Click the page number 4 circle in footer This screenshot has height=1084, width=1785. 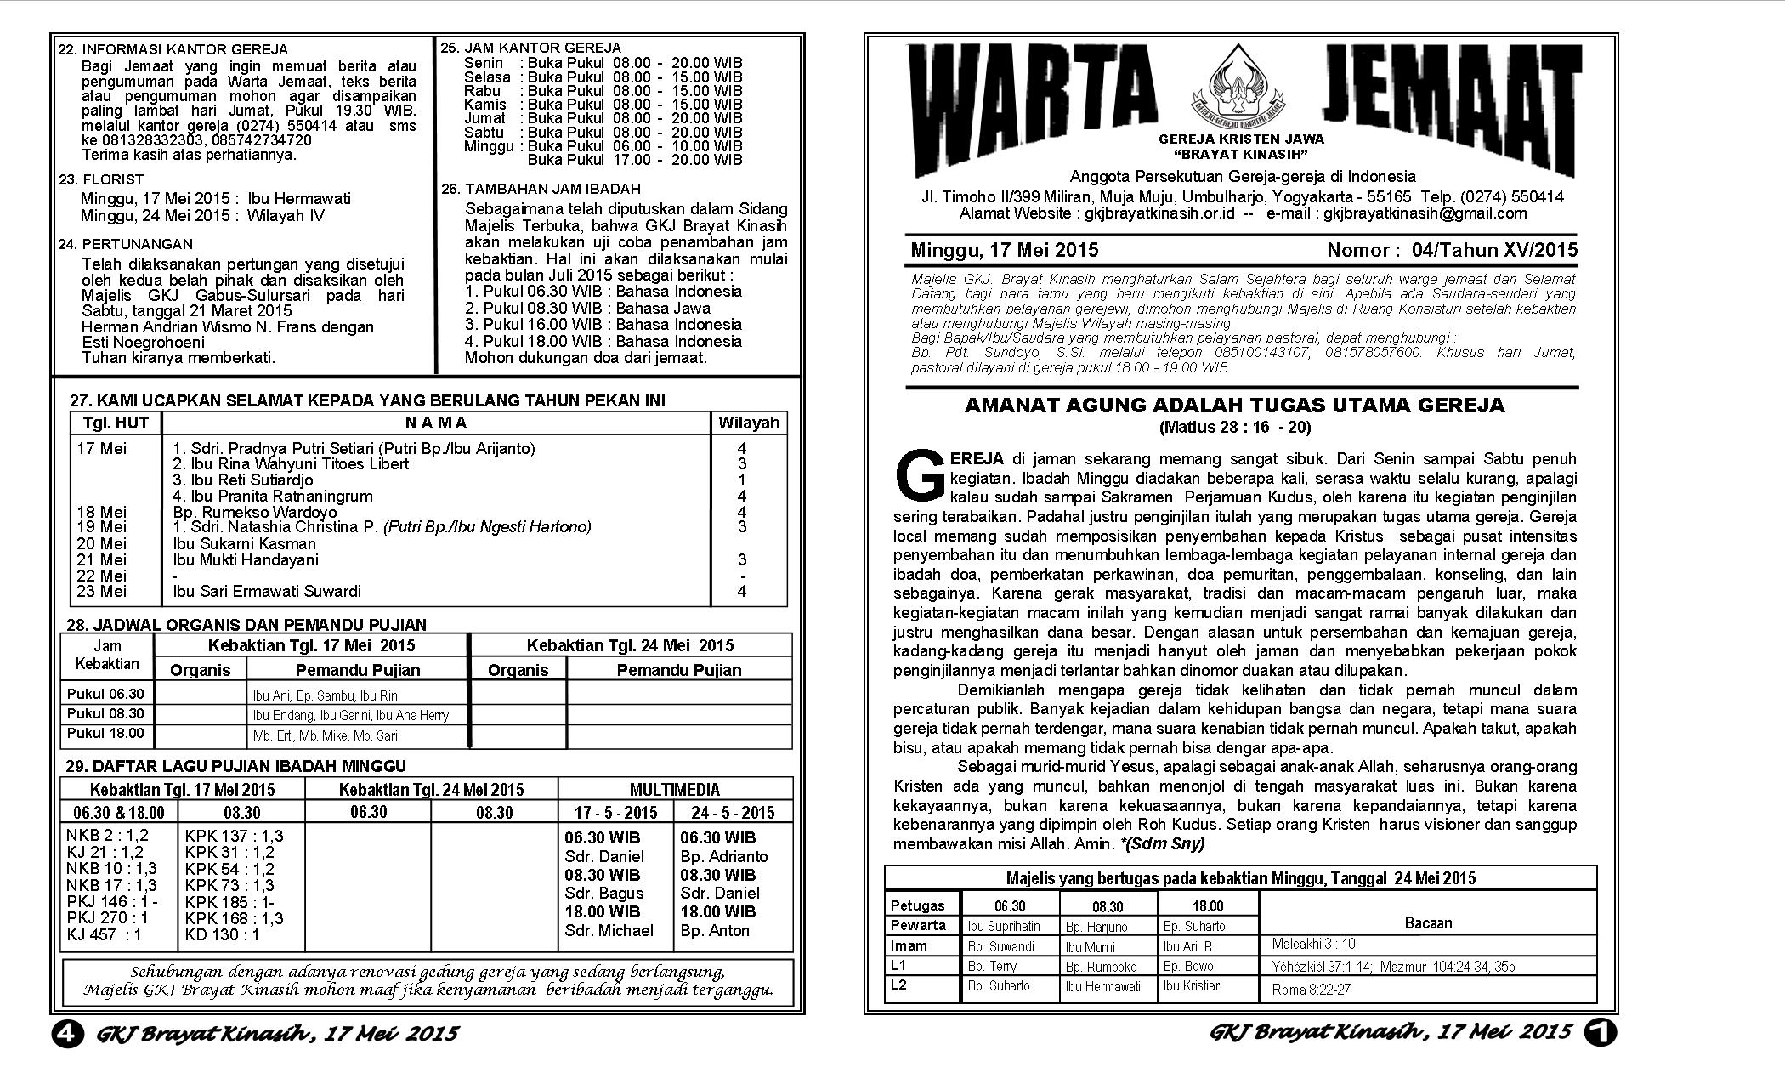point(67,1033)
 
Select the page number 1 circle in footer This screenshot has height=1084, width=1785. point(1600,1032)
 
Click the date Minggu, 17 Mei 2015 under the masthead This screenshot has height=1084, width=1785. point(1004,250)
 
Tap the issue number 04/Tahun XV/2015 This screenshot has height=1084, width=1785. point(1494,250)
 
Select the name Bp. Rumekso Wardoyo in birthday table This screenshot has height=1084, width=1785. point(254,512)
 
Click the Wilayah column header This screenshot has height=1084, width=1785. point(748,423)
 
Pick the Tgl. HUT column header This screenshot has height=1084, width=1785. point(116,423)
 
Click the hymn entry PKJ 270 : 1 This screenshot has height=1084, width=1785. point(107,918)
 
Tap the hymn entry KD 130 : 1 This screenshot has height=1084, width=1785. point(222,934)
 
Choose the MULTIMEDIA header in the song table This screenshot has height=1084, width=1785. point(675,790)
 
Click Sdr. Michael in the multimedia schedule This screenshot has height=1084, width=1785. point(609,930)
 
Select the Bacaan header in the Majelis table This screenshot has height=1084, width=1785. point(1428,922)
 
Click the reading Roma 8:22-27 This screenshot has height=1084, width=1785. point(1311,990)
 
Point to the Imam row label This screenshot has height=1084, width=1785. point(909,945)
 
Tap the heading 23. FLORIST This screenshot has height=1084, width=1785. point(101,179)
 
